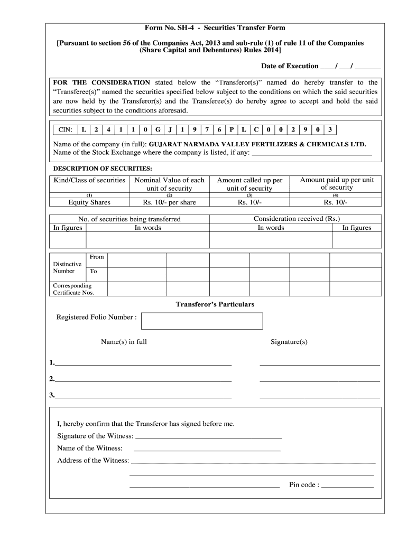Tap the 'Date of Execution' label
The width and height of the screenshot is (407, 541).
289,66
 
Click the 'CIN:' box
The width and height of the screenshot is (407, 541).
66,130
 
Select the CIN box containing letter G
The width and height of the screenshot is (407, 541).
158,130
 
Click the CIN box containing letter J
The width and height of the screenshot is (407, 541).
170,130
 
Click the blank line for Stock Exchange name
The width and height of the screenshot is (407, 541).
312,153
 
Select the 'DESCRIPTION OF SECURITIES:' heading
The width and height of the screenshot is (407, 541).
103,169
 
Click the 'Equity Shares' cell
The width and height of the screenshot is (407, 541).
89,202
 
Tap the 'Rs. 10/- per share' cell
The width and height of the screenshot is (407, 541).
169,202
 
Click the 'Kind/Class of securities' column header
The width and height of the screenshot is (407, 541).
89,180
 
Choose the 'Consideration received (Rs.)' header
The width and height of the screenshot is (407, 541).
297,219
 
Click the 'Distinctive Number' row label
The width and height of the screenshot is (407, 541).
67,267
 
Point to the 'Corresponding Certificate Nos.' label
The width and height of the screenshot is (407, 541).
72,289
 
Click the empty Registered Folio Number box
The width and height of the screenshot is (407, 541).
202,321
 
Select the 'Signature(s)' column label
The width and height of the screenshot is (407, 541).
289,342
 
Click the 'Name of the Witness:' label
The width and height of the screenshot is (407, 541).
89,449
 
